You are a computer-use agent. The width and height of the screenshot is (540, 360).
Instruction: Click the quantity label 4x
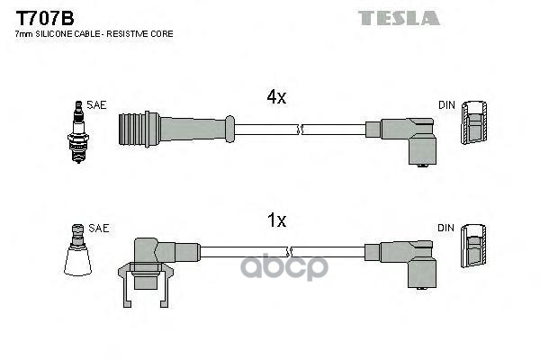tap(275, 97)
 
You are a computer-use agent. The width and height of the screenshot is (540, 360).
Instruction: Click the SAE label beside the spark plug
tap(97, 105)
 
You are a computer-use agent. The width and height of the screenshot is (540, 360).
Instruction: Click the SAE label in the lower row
tap(99, 229)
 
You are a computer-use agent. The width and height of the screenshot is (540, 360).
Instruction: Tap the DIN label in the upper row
tap(446, 105)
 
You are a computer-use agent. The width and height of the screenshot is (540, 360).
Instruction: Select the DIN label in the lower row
tap(446, 229)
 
